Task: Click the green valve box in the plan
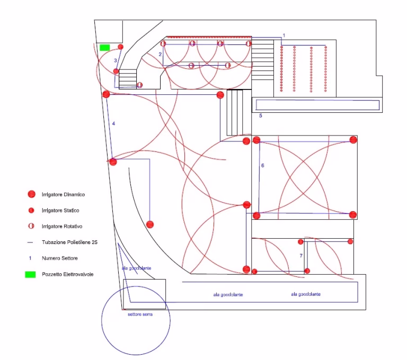click(104, 48)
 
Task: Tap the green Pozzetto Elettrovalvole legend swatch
click(31, 274)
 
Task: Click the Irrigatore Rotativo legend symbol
click(31, 226)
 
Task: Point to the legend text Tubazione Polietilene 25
click(69, 242)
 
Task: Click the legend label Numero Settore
click(59, 258)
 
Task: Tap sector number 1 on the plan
click(284, 35)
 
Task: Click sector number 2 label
click(160, 55)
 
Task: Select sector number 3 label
click(116, 61)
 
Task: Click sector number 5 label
click(260, 115)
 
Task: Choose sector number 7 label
click(300, 256)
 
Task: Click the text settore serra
click(140, 314)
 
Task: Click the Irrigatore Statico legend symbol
click(31, 211)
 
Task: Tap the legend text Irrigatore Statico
click(60, 211)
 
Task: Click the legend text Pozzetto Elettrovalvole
click(68, 274)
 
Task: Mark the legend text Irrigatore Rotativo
click(63, 226)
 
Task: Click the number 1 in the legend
click(31, 258)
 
